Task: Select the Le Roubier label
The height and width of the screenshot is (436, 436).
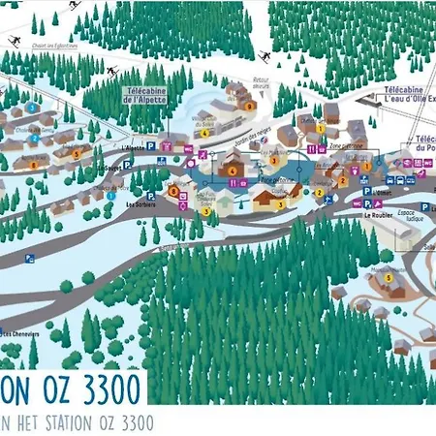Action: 378,216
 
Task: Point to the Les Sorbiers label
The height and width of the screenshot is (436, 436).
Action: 141,205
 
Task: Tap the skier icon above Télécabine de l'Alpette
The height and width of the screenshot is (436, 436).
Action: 111,71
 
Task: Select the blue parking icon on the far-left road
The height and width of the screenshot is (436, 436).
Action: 29,258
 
